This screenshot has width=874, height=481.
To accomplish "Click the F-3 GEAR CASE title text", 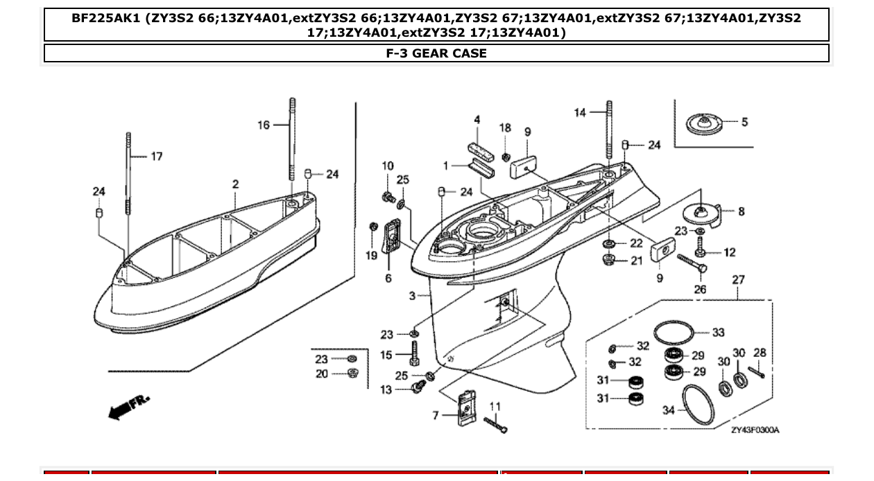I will [x=436, y=53].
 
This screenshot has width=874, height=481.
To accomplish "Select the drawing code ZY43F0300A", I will [x=755, y=430].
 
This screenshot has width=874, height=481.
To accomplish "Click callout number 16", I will [x=264, y=125].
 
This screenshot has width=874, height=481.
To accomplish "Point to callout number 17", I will [x=157, y=157].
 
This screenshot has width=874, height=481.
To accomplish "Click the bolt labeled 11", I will [x=496, y=423].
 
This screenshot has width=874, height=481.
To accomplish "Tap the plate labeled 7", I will [x=465, y=408].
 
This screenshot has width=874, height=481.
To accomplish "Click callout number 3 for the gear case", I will [x=412, y=296].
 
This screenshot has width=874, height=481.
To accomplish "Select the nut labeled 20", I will [x=352, y=374].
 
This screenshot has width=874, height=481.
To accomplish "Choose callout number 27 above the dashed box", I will [x=738, y=280].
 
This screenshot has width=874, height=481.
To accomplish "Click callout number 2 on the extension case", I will [x=236, y=184].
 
